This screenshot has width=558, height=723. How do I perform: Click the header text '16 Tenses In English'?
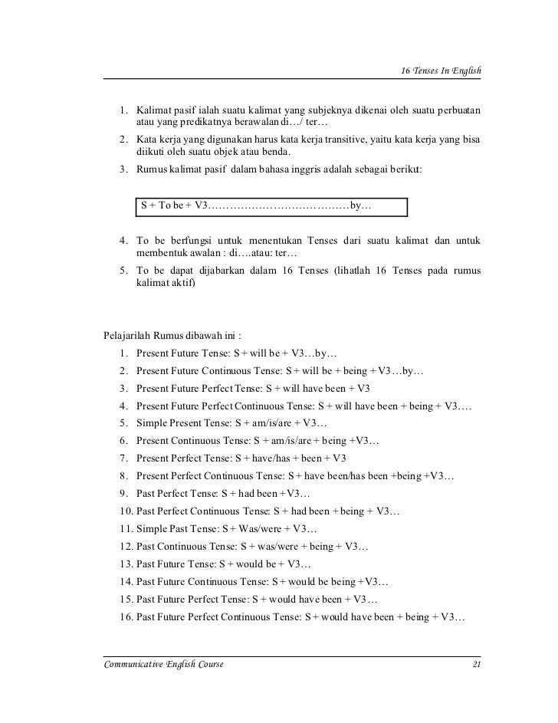click(441, 71)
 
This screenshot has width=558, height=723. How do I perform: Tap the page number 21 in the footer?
click(476, 664)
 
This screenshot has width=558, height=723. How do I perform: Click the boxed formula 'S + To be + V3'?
click(173, 206)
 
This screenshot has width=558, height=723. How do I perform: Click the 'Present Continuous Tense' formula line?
click(257, 441)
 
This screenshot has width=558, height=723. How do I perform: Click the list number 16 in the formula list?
click(126, 617)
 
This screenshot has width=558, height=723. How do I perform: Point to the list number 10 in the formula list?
click(126, 511)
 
